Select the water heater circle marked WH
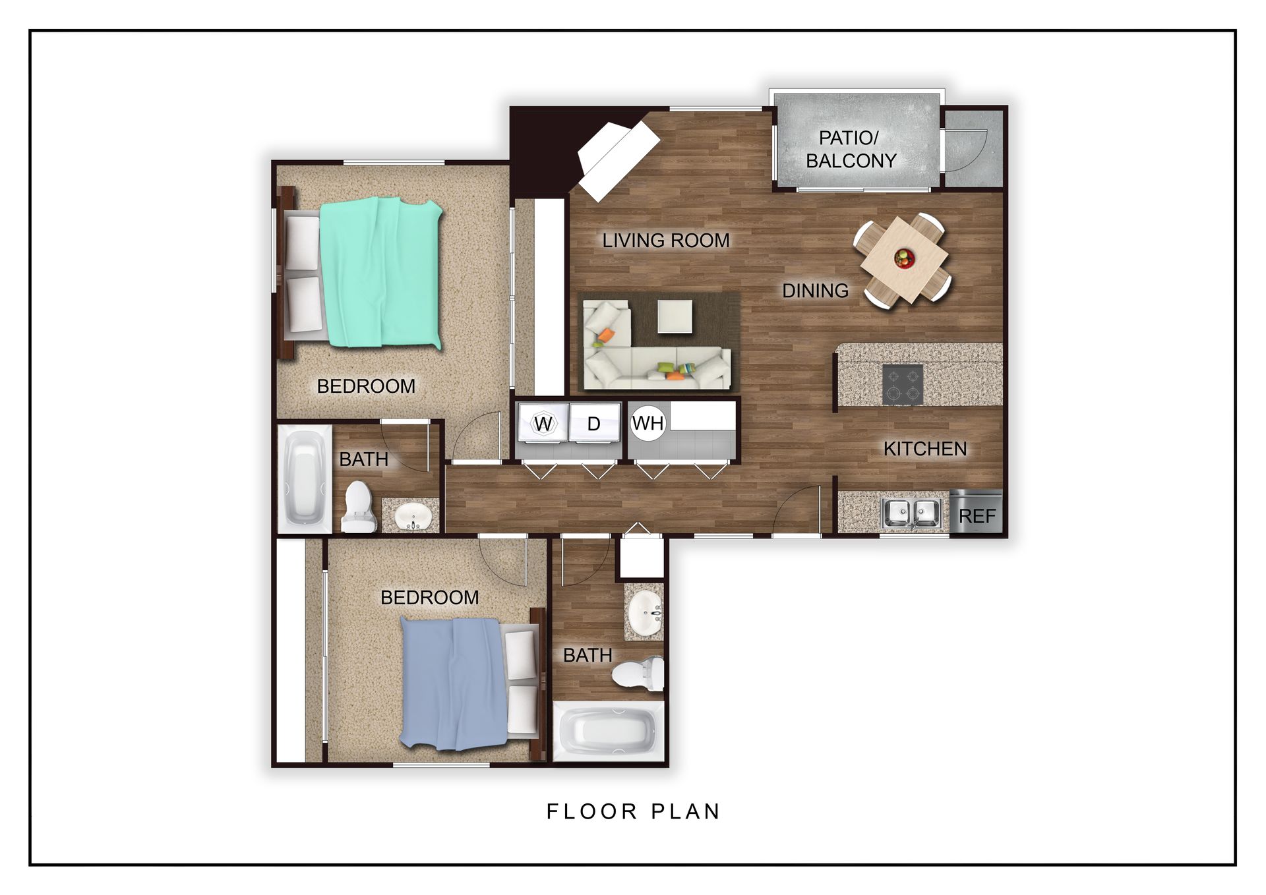[x=648, y=422]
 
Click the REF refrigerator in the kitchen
[x=976, y=511]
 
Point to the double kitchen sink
[x=911, y=513]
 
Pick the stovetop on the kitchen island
[x=902, y=384]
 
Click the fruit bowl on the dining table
[x=904, y=258]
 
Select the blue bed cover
[x=455, y=683]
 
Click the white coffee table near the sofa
[x=675, y=317]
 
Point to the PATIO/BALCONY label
[x=851, y=149]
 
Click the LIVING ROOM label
[x=666, y=241]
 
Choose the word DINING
[x=815, y=291]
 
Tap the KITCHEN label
[x=925, y=449]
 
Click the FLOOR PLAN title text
[x=633, y=811]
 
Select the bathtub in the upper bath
[x=304, y=478]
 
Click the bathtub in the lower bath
[x=607, y=732]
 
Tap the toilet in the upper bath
[x=359, y=506]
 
